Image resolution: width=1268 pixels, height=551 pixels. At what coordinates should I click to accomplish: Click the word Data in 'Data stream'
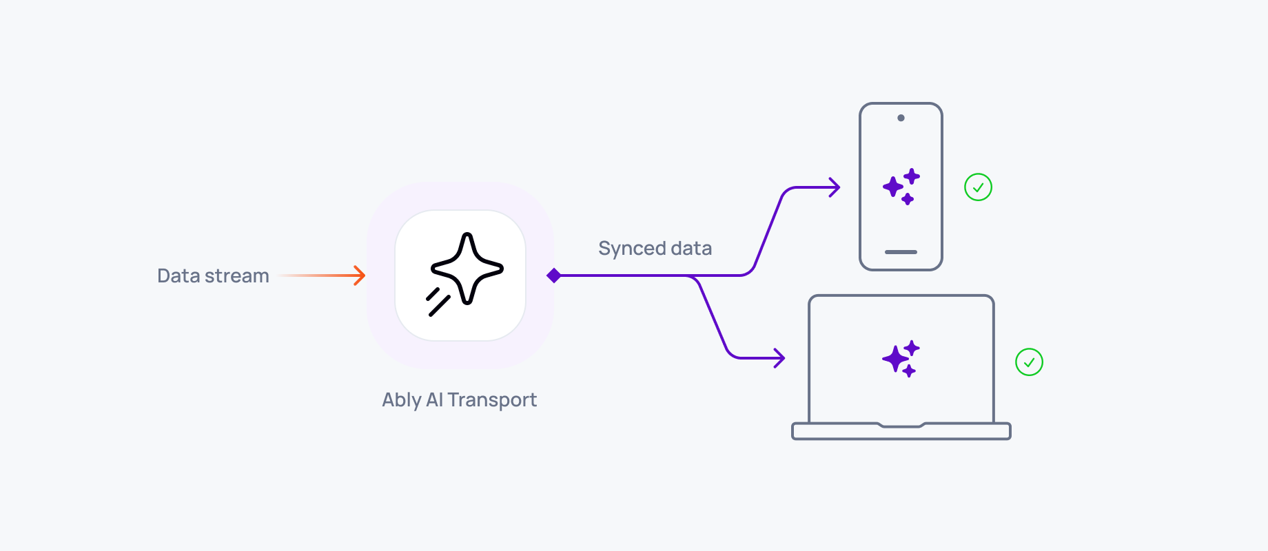pos(178,275)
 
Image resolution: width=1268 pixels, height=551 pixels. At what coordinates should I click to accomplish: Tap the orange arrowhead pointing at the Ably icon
pos(360,275)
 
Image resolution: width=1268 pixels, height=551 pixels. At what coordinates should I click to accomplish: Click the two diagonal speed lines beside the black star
pos(437,302)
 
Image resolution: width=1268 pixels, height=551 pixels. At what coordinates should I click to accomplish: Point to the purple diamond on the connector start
pos(553,275)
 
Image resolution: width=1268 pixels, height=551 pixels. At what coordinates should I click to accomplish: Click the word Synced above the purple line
pos(631,248)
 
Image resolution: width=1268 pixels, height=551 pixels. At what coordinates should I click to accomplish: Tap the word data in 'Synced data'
pos(691,248)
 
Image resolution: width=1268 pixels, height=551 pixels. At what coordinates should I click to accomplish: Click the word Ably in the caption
pos(402,400)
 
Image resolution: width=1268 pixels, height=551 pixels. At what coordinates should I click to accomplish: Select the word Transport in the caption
pos(492,400)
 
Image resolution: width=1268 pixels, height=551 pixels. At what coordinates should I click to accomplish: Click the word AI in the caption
pos(434,400)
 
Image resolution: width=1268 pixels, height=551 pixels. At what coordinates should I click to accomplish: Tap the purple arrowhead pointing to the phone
pos(835,187)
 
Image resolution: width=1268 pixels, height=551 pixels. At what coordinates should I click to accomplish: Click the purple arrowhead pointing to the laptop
pos(780,357)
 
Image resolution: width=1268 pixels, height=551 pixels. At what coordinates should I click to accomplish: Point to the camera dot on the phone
pos(901,118)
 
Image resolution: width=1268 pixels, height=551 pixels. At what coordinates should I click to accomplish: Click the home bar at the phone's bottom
pos(901,252)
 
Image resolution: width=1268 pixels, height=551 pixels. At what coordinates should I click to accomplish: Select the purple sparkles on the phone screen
pos(901,186)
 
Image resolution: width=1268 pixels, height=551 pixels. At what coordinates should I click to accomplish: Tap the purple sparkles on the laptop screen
pos(901,358)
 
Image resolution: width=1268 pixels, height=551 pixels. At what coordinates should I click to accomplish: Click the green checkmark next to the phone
pos(978,187)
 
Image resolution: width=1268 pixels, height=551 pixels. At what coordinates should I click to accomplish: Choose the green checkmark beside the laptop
pos(1029,362)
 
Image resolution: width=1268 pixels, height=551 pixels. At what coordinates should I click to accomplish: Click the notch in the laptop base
pos(901,425)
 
